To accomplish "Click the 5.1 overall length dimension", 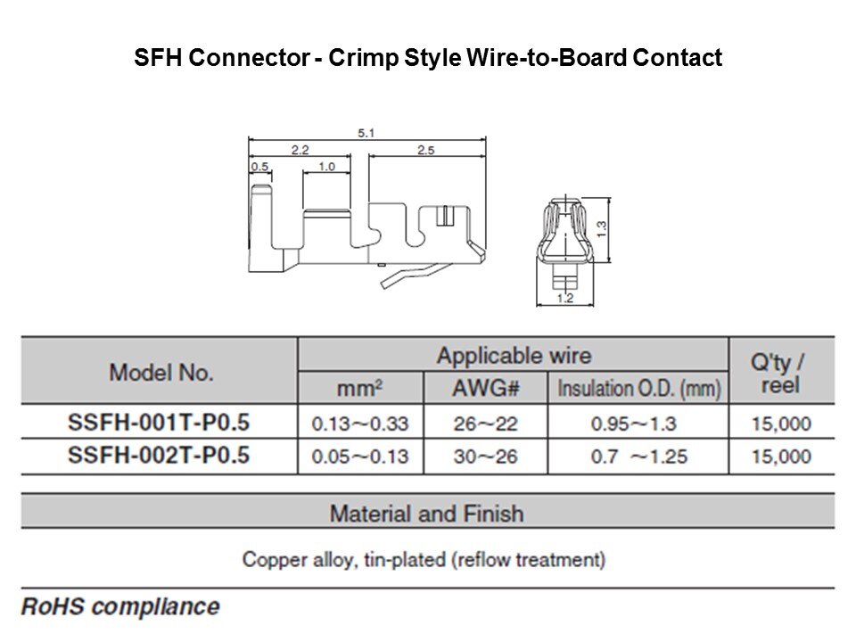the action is pos(366,133).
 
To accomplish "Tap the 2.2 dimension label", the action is pos(300,150).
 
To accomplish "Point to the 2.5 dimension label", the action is pos(426,150).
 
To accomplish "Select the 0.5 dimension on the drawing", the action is pos(259,166).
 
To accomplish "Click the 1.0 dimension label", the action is pos(326,166).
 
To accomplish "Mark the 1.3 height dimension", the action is pos(601,228).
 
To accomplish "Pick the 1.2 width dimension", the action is pos(565,298).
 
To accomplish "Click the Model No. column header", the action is pos(161,373).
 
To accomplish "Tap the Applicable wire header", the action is pos(514,356).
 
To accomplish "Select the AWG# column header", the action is pos(485,389).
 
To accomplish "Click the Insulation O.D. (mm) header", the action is pos(638,389).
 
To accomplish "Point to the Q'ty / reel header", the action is pos(779,374).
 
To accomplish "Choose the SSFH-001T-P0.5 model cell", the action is pos(159,423).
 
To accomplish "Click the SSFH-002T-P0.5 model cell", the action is pos(159,456).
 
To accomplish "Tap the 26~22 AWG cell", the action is pos(485,424).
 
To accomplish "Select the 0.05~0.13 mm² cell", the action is pos(360,457).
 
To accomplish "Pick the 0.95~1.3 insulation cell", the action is pos(634,424).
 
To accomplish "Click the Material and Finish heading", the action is pos(427,514).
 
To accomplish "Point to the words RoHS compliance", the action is pos(120,606).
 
